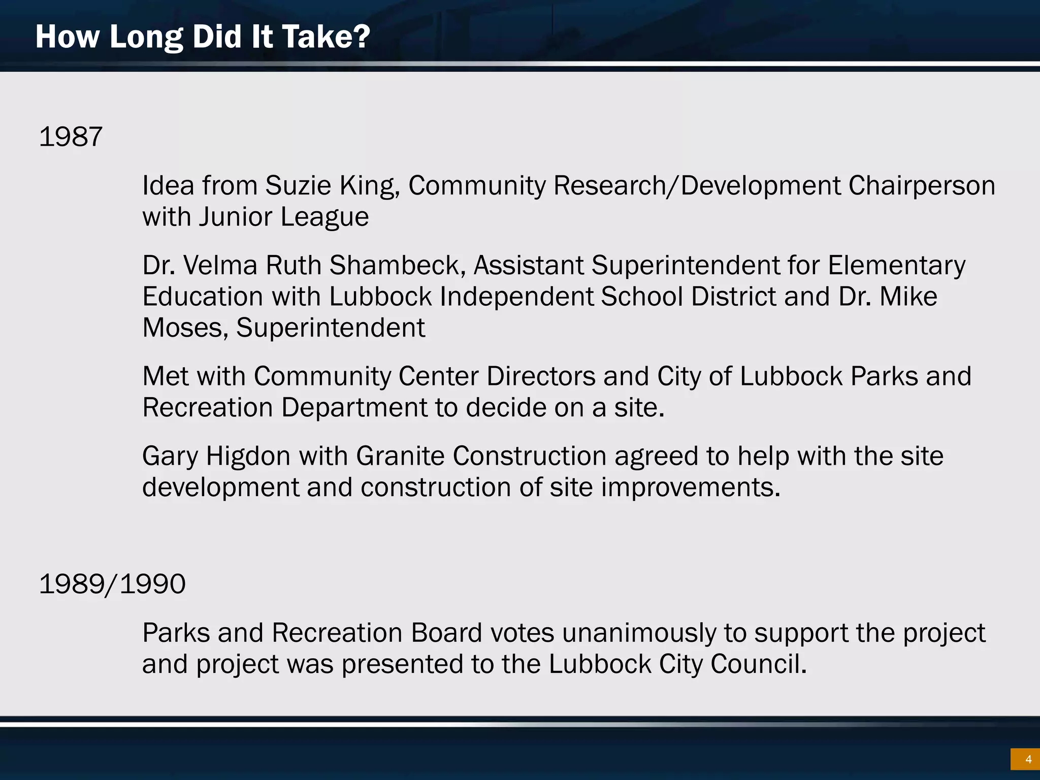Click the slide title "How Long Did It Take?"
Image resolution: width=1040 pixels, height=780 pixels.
(x=203, y=37)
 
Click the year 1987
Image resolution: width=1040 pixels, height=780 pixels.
(x=71, y=137)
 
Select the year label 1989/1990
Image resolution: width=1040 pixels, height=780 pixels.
(x=112, y=584)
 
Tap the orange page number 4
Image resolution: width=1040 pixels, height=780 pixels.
(x=1024, y=760)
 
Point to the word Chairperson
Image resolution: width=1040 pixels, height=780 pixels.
(x=921, y=186)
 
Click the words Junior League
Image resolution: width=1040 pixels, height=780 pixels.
(x=284, y=217)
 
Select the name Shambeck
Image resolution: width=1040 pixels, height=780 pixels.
(x=394, y=266)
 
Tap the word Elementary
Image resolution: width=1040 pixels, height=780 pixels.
(x=896, y=266)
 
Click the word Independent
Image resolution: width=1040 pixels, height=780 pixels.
(x=517, y=297)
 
